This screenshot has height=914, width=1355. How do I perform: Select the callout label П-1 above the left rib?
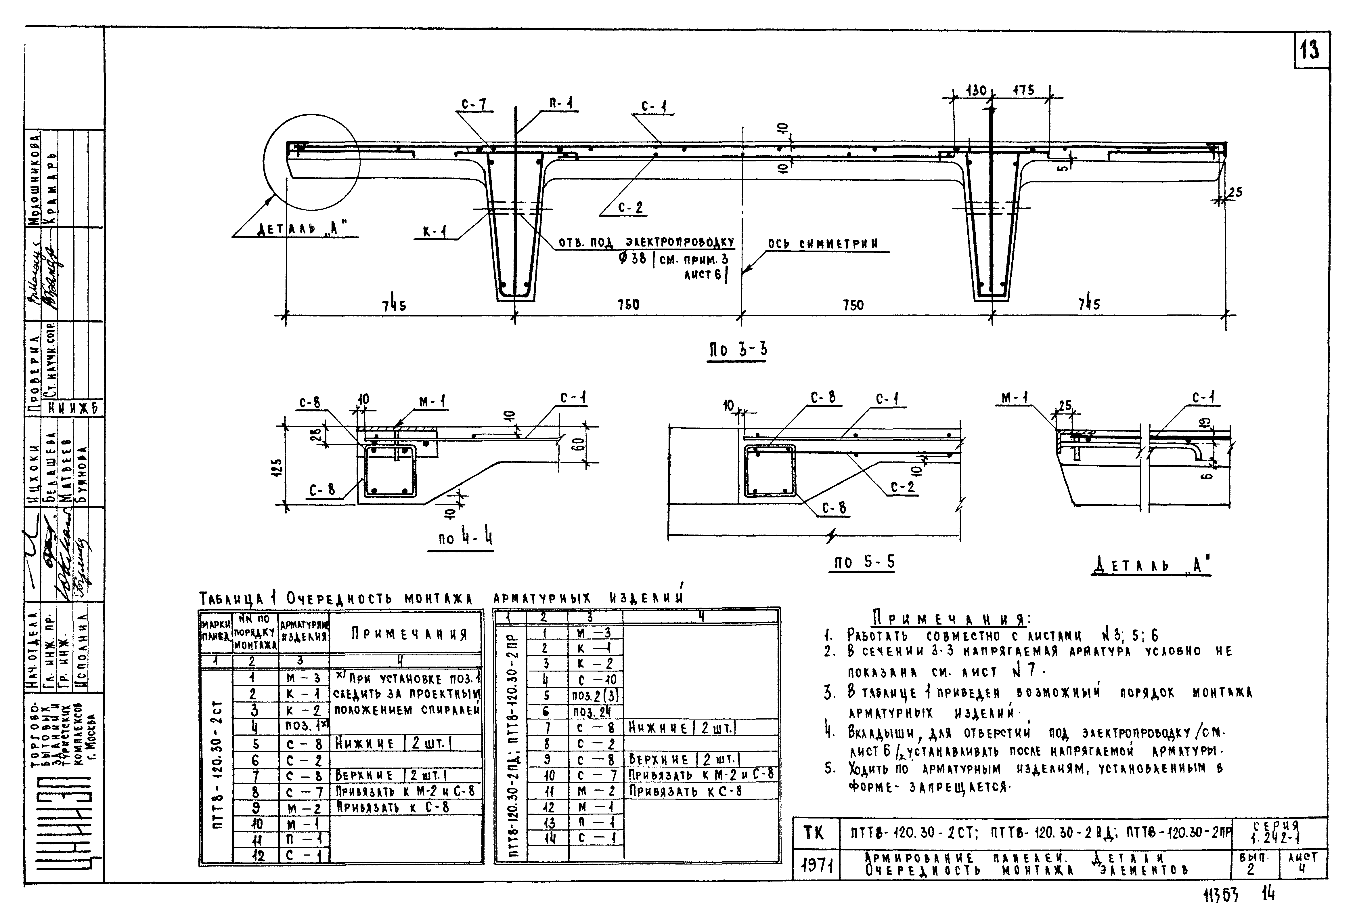coord(560,104)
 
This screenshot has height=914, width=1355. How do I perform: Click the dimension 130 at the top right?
coord(975,91)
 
